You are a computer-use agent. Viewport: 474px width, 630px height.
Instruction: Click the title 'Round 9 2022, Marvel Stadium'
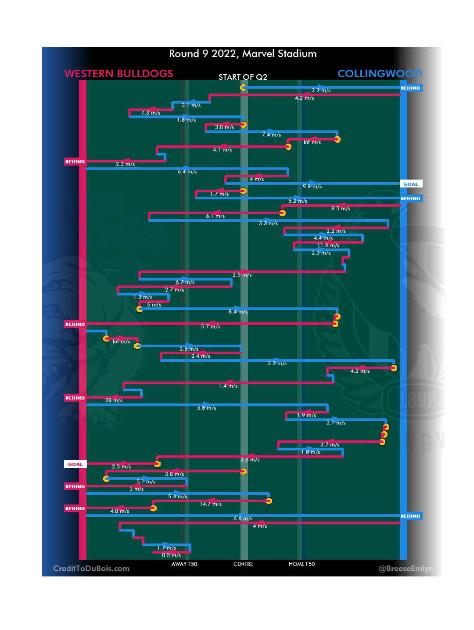coord(243,54)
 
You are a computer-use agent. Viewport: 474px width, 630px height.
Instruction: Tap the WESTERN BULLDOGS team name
coord(118,74)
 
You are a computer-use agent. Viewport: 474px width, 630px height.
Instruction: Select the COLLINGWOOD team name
coord(379,74)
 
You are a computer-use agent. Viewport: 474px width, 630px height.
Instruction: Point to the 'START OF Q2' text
coord(243,77)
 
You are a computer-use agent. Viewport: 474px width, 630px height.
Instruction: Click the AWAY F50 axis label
coord(184,564)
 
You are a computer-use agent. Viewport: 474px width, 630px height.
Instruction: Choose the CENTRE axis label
coord(243,564)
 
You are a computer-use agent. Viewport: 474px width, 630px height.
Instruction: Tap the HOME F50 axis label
coord(302,564)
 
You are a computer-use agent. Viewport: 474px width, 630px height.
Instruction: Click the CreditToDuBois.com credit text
coord(91,569)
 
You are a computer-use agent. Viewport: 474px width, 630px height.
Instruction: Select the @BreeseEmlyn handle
coord(406,569)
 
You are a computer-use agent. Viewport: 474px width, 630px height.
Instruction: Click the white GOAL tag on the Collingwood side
coord(411,184)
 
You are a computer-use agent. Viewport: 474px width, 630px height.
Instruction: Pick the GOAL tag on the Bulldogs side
coord(75,464)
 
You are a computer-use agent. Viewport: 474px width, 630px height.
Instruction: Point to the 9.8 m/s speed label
coord(312,187)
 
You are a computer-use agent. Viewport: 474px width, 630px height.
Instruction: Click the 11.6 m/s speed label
coord(328,245)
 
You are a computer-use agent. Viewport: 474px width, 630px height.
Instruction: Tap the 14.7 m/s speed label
coord(211,504)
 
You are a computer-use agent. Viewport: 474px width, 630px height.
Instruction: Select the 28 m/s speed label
coord(114,400)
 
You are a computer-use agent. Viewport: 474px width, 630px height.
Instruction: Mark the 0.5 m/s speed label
coord(171,555)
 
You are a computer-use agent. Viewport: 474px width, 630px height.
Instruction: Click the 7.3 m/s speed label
coord(151,113)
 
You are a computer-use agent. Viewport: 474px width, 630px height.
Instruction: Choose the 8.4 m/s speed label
coord(238,312)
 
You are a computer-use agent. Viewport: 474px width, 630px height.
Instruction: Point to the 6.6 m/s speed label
coord(243,518)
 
